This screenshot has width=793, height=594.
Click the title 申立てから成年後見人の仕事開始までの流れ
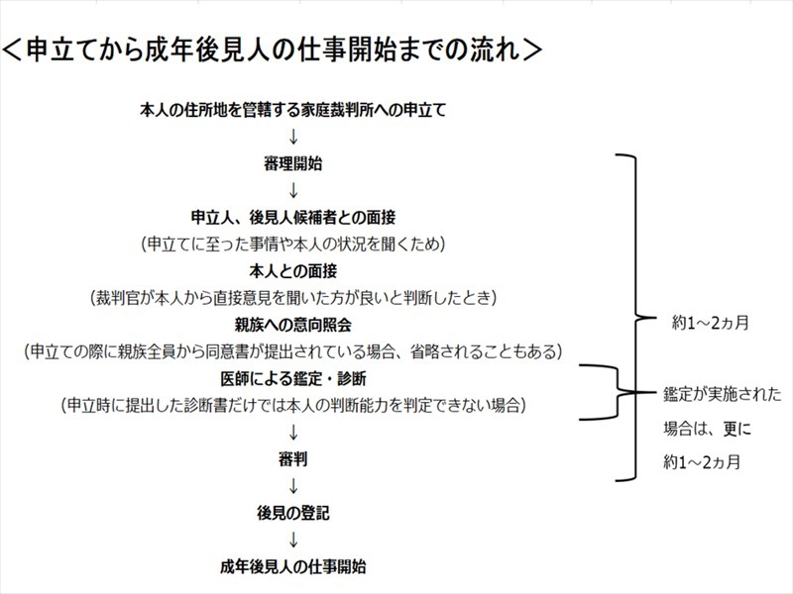(272, 50)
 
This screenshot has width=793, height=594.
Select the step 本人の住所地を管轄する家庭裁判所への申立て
(293, 110)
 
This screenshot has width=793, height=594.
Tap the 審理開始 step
(293, 163)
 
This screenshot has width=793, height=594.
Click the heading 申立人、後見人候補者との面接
(293, 218)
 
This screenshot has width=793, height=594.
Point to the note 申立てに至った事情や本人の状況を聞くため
(293, 245)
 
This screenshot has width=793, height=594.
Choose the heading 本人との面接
(293, 271)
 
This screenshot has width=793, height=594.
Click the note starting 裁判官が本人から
(293, 298)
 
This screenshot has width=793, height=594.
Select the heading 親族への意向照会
(293, 325)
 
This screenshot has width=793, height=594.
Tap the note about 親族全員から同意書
(293, 351)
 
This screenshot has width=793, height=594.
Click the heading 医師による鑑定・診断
(293, 378)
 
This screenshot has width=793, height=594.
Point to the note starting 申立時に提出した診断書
(293, 405)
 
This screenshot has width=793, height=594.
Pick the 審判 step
(293, 459)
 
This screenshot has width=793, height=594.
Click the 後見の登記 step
(293, 513)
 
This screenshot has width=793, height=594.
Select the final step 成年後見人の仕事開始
(293, 566)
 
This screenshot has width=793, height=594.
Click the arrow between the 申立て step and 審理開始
(293, 137)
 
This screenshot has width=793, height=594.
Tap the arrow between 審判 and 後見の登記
(293, 486)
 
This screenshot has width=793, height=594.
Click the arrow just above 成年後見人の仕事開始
(293, 540)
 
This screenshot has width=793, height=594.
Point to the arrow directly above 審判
(293, 433)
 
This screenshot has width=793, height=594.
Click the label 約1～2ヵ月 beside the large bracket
(710, 323)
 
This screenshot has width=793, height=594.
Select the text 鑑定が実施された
(723, 394)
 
